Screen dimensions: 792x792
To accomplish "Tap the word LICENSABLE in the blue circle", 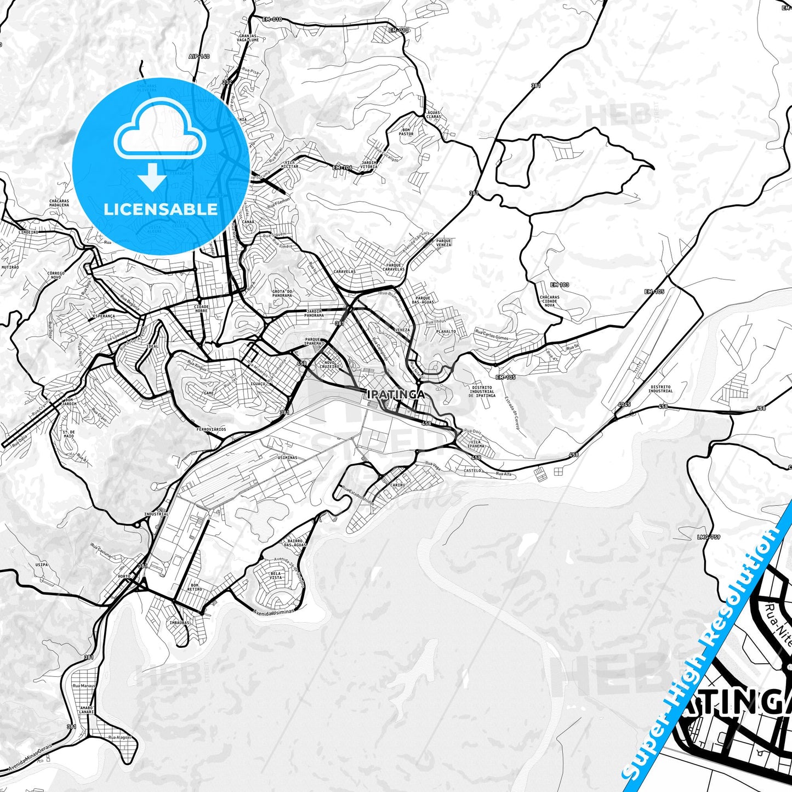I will coord(161,209).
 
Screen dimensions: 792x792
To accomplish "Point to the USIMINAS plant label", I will coord(287,458).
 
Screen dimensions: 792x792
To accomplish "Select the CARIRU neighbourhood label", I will coord(397,485).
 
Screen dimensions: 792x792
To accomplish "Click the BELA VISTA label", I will coord(276,576).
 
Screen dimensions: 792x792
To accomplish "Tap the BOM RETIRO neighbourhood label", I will coord(195,587).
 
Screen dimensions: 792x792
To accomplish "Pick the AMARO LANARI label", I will coord(87,710).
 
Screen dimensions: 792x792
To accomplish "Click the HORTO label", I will coord(124,577).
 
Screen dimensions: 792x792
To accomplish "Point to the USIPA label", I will coord(41,564).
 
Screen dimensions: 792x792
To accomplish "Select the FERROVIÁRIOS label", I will coord(210,430).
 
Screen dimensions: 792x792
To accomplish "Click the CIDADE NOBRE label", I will coord(201,309).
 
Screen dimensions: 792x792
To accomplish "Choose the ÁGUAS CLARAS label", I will coord(433,114).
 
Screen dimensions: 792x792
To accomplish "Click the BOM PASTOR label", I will coord(406,132).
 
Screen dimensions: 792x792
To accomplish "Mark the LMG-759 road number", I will coord(709,537).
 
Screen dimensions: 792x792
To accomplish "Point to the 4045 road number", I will coord(624,404).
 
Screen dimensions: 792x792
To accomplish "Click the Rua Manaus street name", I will coord(84,686).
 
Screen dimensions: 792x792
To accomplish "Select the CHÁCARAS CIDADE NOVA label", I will coord(549,301).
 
